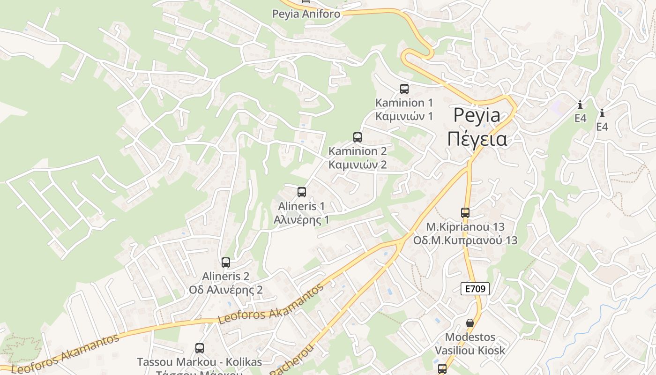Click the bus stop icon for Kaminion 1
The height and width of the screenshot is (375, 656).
(x=404, y=89)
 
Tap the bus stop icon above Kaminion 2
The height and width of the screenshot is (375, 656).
(x=358, y=137)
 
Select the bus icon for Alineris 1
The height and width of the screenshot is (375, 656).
(x=302, y=192)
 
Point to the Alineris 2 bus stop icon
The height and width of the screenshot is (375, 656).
(x=226, y=262)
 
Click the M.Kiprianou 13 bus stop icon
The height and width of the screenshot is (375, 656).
(x=465, y=213)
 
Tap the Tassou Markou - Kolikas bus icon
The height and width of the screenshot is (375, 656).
(x=200, y=348)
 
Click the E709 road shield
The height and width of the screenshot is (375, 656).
(x=475, y=289)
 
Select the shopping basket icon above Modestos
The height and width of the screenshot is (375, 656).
(x=470, y=323)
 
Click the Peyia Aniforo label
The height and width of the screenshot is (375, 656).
(x=306, y=14)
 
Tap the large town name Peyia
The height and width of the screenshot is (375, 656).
(x=477, y=115)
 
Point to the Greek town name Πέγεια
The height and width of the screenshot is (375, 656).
(x=477, y=139)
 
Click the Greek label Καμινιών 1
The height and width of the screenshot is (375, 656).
(x=404, y=116)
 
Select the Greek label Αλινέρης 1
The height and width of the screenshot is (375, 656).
(x=302, y=220)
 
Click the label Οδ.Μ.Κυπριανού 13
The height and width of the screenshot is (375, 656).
(x=465, y=240)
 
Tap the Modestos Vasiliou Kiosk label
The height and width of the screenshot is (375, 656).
(x=470, y=344)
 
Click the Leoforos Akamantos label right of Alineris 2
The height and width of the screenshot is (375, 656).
(x=271, y=304)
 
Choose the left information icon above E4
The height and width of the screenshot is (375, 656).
(x=580, y=105)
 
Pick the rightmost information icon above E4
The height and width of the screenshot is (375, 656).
(x=602, y=113)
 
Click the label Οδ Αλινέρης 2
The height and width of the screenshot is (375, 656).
(x=226, y=290)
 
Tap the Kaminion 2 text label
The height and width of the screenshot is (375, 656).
(x=358, y=151)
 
